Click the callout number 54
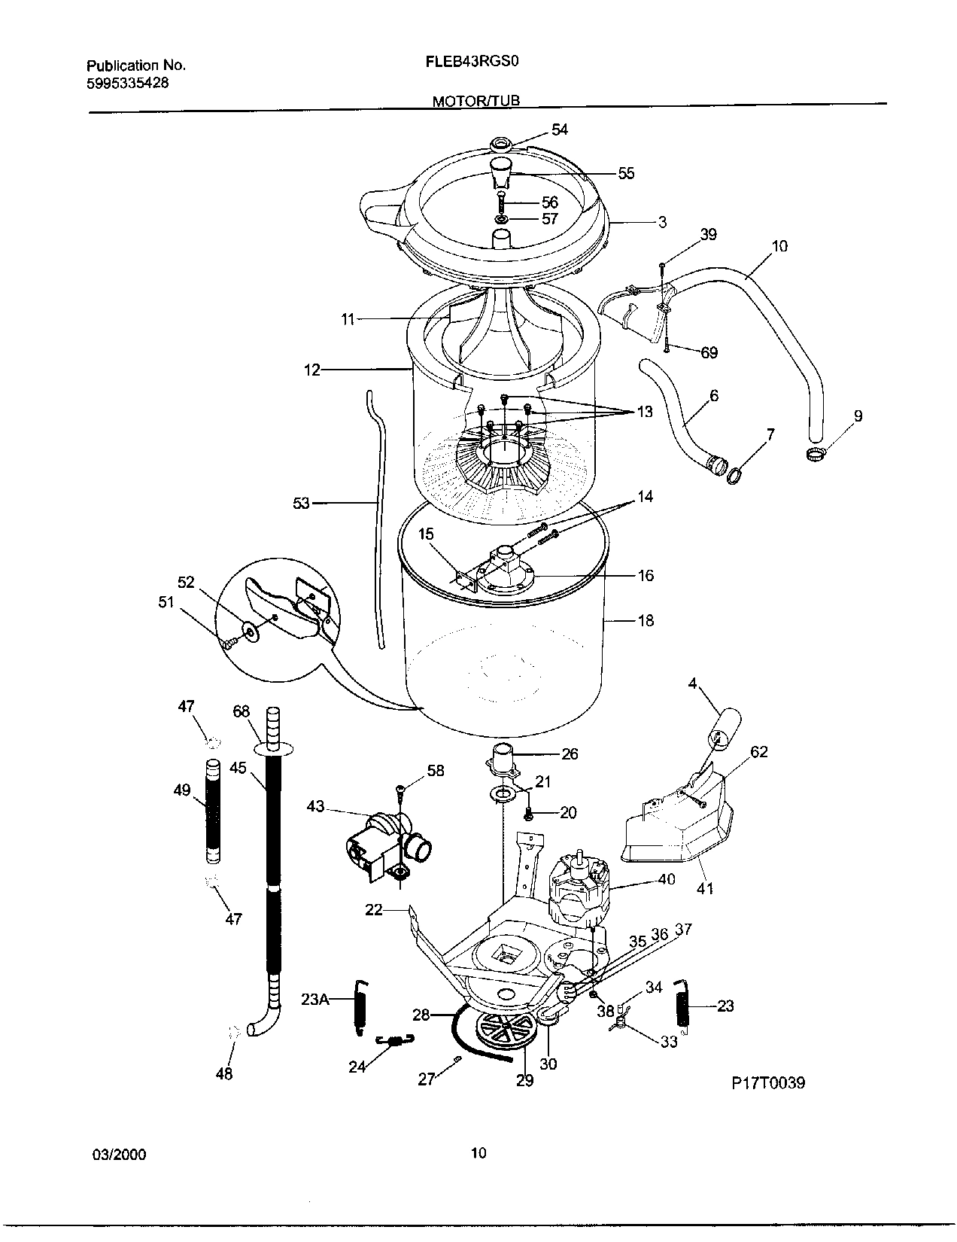point(559,129)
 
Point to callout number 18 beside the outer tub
point(646,621)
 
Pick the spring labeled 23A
point(361,1006)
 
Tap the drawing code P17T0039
point(768,1083)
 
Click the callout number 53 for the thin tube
point(301,503)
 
